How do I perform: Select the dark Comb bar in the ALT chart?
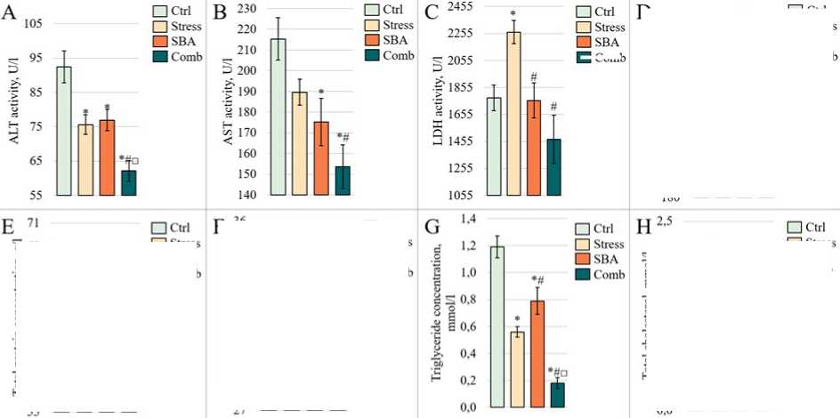point(129,182)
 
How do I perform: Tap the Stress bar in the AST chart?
point(299,143)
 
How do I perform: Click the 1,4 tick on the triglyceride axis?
point(468,219)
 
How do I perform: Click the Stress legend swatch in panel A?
point(160,27)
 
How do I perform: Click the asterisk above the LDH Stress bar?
point(513,15)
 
